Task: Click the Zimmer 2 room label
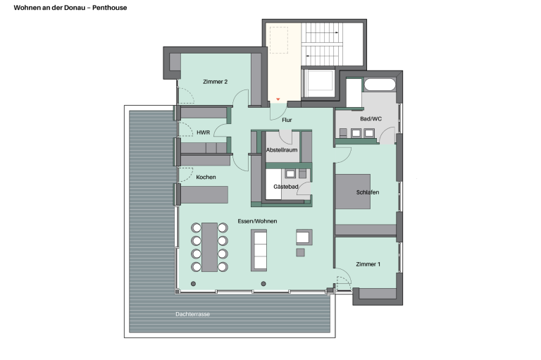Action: [x=215, y=82]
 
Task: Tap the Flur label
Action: [x=287, y=120]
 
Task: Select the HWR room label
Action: [x=203, y=132]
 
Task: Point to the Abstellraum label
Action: [x=282, y=150]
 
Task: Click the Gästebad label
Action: [x=286, y=187]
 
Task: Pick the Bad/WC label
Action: [x=371, y=119]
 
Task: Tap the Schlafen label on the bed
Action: [x=368, y=192]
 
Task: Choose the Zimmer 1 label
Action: [x=368, y=264]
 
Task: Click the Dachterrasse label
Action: [x=192, y=314]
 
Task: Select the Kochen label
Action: [x=206, y=177]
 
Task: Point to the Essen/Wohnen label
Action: [x=257, y=221]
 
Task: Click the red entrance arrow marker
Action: [x=278, y=99]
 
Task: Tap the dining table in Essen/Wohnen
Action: [x=209, y=247]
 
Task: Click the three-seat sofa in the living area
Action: [x=259, y=250]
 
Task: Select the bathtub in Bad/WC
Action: [x=380, y=85]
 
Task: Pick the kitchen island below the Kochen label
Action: [x=204, y=194]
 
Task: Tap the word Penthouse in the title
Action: [x=110, y=8]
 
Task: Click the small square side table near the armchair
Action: [x=301, y=252]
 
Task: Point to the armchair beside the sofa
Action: [x=304, y=237]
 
